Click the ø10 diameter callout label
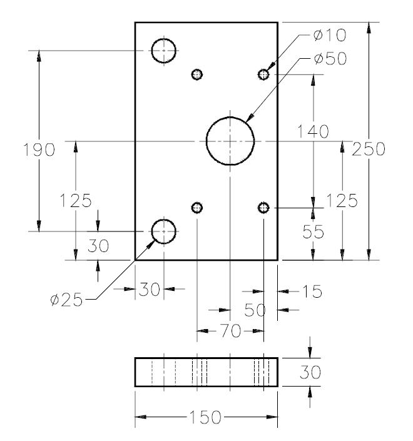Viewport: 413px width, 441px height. pyautogui.click(x=330, y=36)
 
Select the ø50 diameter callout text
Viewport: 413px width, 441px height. pyautogui.click(x=330, y=59)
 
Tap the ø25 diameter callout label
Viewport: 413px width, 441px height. pyautogui.click(x=66, y=300)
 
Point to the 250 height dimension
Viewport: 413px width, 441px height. pyautogui.click(x=369, y=149)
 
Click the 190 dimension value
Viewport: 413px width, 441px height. pyautogui.click(x=39, y=150)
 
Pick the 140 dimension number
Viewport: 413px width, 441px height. pyautogui.click(x=313, y=131)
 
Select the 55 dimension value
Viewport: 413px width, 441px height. pyautogui.click(x=313, y=232)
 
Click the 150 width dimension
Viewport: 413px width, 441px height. pyautogui.click(x=205, y=417)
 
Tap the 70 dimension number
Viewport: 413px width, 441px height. pyautogui.click(x=230, y=330)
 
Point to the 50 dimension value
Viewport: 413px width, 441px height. pyautogui.click(x=255, y=310)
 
